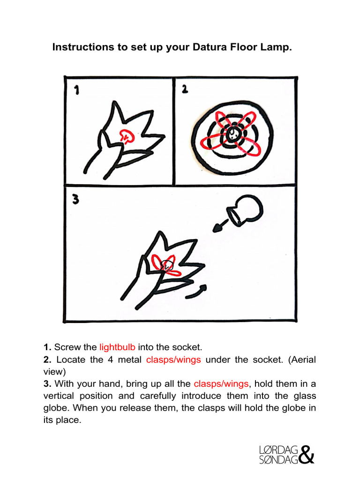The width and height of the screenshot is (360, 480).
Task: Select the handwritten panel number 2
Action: [185, 88]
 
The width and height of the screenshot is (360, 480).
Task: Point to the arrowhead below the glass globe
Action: [218, 228]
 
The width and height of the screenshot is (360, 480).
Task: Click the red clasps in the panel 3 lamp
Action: [166, 266]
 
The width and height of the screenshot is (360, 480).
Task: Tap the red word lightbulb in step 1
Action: [117, 347]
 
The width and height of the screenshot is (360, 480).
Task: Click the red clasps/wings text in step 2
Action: [173, 360]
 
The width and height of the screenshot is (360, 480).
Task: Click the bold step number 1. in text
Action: [47, 347]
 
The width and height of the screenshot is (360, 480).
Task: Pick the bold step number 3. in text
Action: [47, 384]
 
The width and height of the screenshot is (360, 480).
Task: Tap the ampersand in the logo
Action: [306, 454]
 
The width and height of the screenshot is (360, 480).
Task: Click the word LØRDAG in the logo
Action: [278, 450]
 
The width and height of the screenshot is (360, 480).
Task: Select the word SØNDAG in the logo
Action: [278, 460]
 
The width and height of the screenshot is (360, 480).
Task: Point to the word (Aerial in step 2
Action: [302, 360]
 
